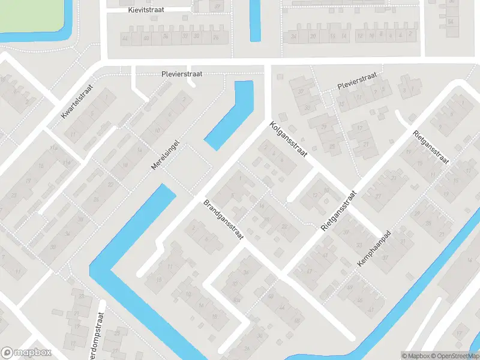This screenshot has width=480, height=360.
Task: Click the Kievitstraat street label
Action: (146, 10)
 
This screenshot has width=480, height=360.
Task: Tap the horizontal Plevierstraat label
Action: (182, 74)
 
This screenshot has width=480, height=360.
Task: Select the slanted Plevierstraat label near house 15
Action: (356, 80)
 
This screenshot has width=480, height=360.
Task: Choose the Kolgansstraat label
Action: (289, 140)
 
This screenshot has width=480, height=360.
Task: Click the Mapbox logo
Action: (26, 353)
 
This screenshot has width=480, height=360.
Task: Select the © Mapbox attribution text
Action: (415, 355)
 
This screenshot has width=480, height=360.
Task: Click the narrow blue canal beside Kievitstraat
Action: (255, 21)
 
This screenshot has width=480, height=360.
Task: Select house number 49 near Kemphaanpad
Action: (350, 287)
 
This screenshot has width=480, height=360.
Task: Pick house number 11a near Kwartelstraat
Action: (53, 147)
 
